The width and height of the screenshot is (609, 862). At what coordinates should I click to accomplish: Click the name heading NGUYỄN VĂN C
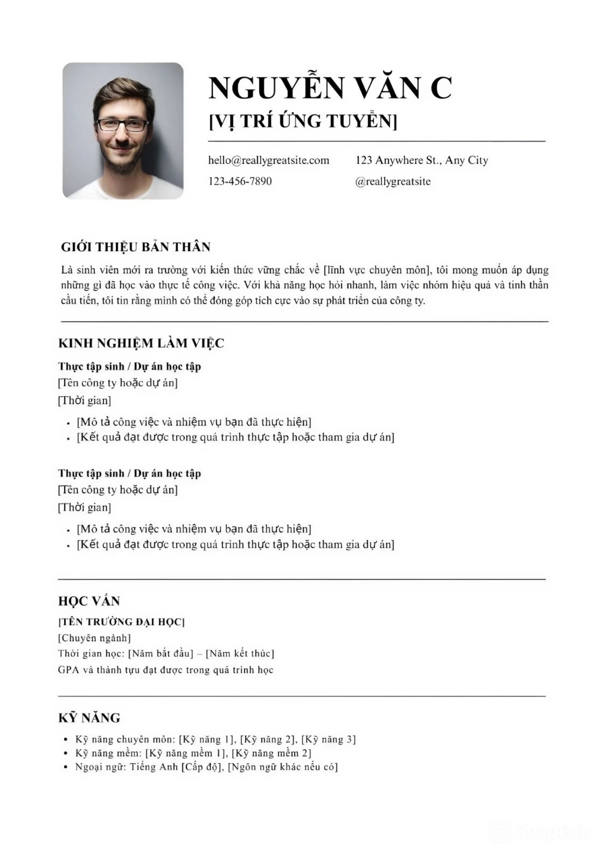point(330,88)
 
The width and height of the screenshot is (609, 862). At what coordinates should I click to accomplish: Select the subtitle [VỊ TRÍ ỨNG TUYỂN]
point(302,122)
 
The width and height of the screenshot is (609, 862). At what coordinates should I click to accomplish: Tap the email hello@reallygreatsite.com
point(268,160)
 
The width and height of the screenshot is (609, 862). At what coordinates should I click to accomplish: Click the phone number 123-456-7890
point(240,181)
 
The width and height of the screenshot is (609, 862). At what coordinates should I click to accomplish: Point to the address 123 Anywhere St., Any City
point(421,160)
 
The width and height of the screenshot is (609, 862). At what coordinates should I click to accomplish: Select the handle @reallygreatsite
point(392,181)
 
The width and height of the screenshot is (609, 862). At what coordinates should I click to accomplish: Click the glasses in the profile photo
point(122,125)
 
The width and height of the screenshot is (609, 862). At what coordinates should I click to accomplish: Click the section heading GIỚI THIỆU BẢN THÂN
point(136,247)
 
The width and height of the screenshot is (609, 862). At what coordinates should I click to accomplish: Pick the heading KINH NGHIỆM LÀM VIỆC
point(141,343)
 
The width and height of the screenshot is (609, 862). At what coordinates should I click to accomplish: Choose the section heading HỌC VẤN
point(89,601)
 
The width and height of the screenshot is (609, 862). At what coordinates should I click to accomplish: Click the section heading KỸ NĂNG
point(89,718)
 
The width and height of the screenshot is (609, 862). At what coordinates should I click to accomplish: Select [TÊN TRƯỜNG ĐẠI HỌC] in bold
point(121,622)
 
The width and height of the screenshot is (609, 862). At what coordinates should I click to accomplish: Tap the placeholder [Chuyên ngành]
point(94,637)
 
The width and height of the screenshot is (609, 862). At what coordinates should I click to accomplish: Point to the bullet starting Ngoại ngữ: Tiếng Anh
point(206,767)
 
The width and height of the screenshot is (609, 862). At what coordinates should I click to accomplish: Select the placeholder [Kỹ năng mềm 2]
point(271,753)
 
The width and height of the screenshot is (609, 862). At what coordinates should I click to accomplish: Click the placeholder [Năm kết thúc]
point(240,653)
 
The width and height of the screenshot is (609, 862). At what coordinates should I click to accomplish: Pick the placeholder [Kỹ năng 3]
point(329,739)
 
